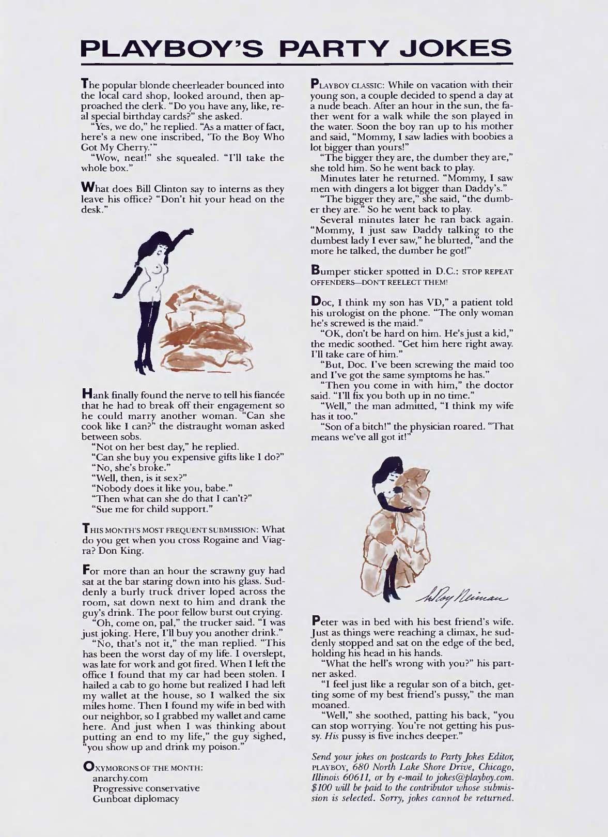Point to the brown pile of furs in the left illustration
(x=203, y=323)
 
